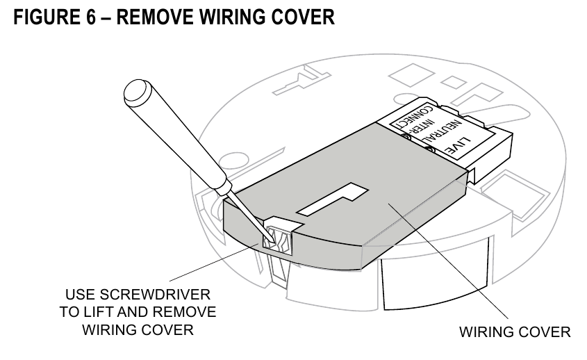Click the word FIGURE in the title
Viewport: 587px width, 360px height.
tap(47, 17)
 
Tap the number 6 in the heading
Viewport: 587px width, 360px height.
tap(91, 17)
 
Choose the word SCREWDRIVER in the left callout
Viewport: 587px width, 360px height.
tap(155, 295)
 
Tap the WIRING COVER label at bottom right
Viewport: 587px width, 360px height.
tap(515, 332)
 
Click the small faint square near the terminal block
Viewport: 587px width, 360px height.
tap(453, 82)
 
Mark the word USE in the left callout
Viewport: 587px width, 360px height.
tap(79, 295)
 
